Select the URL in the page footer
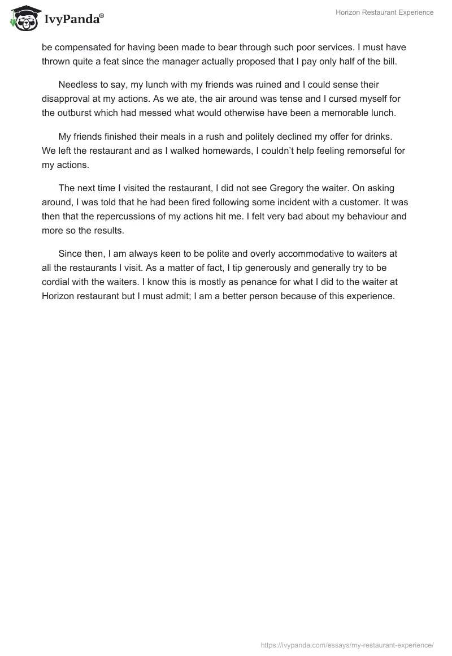(347, 645)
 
